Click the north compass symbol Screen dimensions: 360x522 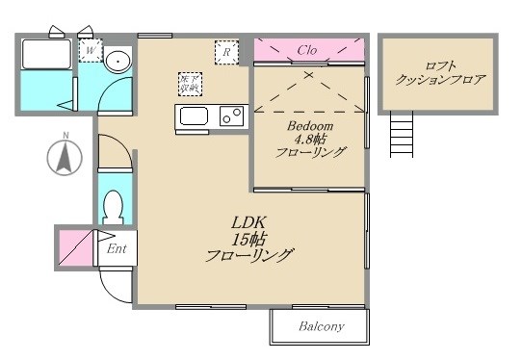click(x=65, y=156)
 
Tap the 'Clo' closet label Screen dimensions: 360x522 click(x=307, y=50)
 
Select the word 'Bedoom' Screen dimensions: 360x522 click(x=310, y=127)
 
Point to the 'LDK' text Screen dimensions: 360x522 click(x=248, y=220)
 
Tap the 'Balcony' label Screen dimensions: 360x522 click(x=321, y=326)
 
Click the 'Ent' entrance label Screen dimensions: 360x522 click(x=117, y=249)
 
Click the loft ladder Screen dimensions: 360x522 click(x=401, y=133)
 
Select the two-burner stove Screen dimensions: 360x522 click(x=231, y=116)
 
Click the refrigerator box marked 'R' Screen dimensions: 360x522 click(x=226, y=52)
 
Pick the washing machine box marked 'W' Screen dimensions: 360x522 click(x=91, y=50)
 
